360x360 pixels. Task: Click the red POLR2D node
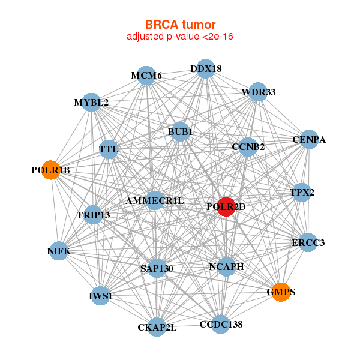click(226, 207)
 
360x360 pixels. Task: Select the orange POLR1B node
click(51, 170)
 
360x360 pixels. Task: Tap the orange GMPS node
click(281, 292)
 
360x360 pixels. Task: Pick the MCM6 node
click(147, 75)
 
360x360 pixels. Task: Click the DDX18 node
click(206, 68)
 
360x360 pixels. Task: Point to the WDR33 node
click(258, 92)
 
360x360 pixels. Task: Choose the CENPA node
click(309, 140)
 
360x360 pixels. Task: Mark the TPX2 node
click(302, 193)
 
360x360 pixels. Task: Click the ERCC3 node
click(307, 242)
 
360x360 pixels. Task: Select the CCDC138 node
click(221, 325)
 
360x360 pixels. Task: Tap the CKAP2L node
click(157, 327)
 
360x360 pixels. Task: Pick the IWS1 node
click(100, 296)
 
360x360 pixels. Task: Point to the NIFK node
click(58, 251)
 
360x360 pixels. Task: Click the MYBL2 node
click(91, 102)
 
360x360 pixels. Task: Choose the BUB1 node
click(180, 131)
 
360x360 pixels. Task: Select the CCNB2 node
click(248, 146)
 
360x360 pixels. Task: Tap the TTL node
click(109, 149)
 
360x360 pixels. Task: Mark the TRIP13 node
click(93, 214)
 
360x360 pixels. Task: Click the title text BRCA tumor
click(180, 25)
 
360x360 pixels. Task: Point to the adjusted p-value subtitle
click(180, 37)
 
